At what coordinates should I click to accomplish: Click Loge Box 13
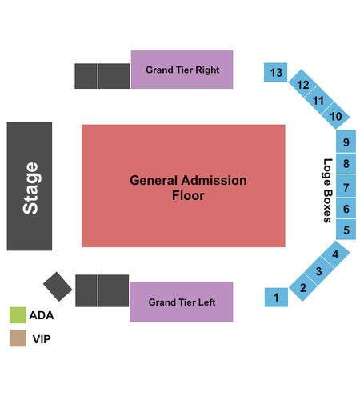[x=275, y=72]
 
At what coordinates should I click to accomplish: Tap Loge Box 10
[x=335, y=115]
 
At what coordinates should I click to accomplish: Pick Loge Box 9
[x=346, y=142]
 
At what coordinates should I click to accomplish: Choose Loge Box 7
[x=346, y=186]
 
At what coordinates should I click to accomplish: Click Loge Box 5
[x=346, y=230]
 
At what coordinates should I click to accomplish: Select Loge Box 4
[x=335, y=254]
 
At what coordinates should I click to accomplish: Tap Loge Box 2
[x=303, y=287]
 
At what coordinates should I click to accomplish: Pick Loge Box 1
[x=276, y=298]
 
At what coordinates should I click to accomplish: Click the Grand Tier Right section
[x=182, y=70]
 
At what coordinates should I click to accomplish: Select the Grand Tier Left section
[x=182, y=302]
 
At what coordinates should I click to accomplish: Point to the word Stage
[x=30, y=188]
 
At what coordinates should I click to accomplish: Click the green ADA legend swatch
[x=18, y=315]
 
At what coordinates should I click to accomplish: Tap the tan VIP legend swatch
[x=18, y=338]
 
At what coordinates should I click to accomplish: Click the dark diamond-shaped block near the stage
[x=58, y=286]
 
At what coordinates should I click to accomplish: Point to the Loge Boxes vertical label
[x=327, y=190]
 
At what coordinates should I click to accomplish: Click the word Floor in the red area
[x=188, y=195]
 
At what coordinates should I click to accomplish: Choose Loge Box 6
[x=346, y=208]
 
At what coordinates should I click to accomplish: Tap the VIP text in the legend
[x=42, y=339]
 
